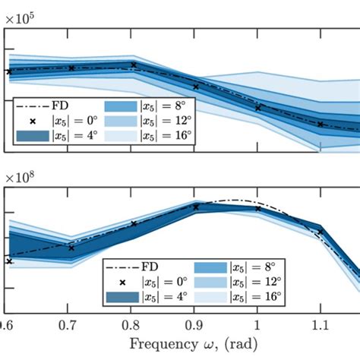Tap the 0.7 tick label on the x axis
pos(71,324)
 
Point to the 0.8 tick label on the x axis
pos(134,324)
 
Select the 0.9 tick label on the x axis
pos(196,324)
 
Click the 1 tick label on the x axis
pos(258,324)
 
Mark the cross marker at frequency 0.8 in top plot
pos(134,65)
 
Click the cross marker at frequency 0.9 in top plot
pos(196,87)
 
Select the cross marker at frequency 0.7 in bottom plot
pos(71,248)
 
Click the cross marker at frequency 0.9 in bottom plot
pos(196,207)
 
